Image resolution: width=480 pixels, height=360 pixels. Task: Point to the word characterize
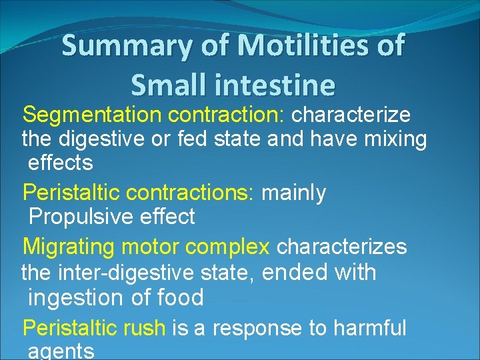click(351, 115)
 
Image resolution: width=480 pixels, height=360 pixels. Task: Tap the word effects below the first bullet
click(60, 163)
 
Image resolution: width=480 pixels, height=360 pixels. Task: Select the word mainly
click(293, 193)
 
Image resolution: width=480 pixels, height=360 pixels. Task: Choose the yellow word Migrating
click(69, 247)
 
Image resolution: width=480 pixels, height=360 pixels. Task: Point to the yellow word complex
click(227, 247)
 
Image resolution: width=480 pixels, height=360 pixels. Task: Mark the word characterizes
click(341, 247)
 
